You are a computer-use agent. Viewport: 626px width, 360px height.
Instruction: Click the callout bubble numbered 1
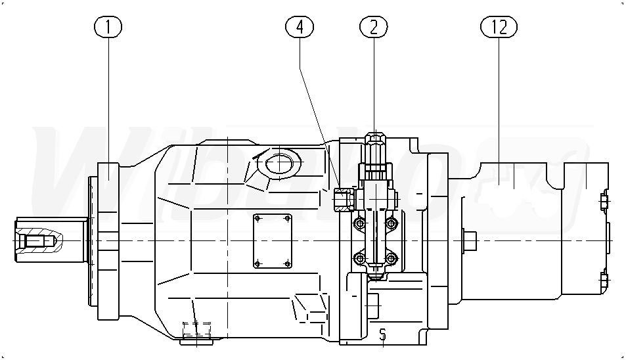(x=108, y=27)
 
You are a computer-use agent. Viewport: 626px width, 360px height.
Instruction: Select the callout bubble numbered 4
(x=300, y=27)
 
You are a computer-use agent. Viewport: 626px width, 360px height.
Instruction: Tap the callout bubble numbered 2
(x=374, y=27)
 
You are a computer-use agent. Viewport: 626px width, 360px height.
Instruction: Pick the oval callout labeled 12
(x=499, y=27)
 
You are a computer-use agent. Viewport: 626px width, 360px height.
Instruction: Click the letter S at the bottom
(x=382, y=335)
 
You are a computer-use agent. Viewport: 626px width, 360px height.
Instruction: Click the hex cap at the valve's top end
(x=374, y=141)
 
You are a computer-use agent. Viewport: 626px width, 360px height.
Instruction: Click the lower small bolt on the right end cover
(x=604, y=281)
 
